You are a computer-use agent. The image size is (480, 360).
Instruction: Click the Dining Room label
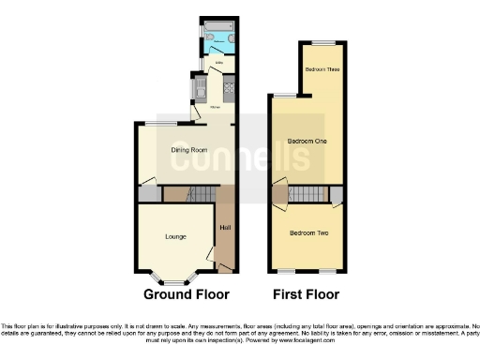coord(188,150)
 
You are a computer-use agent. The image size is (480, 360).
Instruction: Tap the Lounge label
coord(175,236)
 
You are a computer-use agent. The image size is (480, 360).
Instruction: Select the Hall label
coord(225,228)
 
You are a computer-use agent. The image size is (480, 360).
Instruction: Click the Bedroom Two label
coord(307,232)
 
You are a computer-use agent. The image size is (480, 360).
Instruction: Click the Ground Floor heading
coord(187,294)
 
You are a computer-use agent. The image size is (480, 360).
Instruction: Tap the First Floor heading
coord(307,294)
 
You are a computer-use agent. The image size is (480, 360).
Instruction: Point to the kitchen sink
coord(198,90)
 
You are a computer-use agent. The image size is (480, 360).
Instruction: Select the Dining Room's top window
coord(157,124)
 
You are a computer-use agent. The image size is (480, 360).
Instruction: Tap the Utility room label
coord(218,64)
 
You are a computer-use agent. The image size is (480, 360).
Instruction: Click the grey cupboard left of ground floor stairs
coord(149,194)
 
